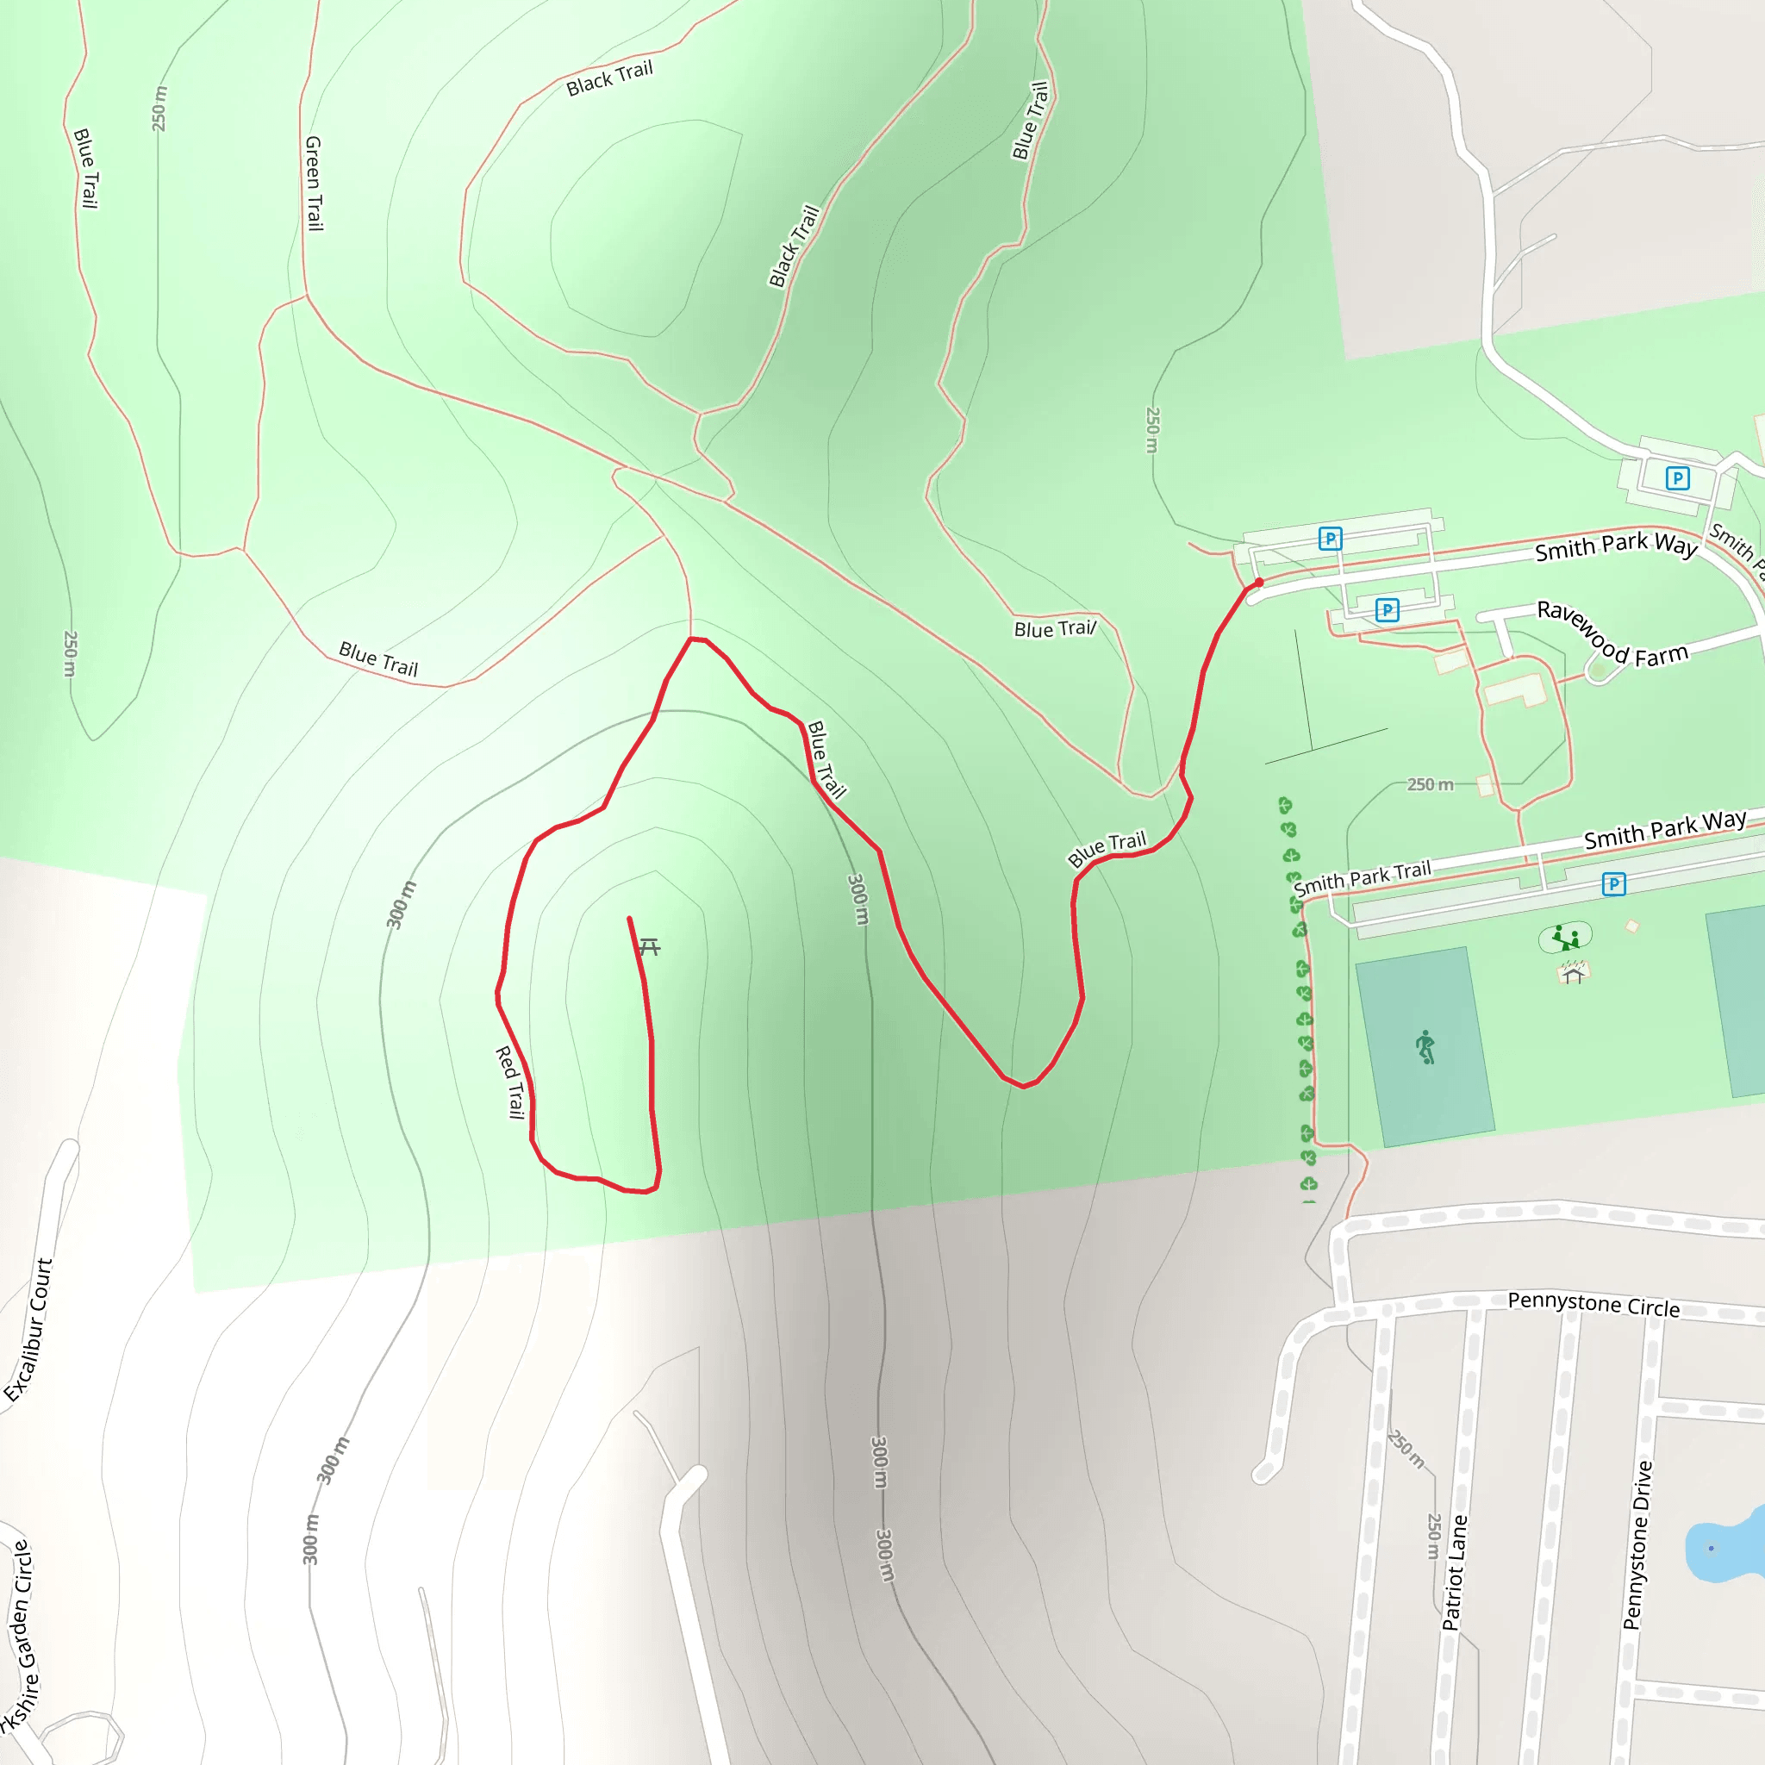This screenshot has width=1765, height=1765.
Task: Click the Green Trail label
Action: [314, 183]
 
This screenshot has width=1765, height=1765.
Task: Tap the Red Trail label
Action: [510, 1082]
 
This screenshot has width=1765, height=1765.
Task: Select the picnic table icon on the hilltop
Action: [649, 946]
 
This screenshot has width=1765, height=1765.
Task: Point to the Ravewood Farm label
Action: [1612, 633]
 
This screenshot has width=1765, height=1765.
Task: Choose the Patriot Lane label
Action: [1455, 1571]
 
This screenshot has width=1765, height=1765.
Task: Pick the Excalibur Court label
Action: [29, 1329]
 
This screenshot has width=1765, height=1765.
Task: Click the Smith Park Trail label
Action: [1363, 878]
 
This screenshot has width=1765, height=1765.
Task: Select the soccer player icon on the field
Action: [1425, 1047]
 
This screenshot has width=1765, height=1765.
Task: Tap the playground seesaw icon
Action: [1566, 937]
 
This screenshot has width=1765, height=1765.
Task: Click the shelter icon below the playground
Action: [1572, 974]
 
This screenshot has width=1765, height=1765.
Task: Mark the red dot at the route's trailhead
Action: [1259, 582]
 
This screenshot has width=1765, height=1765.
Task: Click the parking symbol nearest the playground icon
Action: [1614, 883]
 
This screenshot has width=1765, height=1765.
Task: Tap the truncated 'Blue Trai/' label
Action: [1054, 628]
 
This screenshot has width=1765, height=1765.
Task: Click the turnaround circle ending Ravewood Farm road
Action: [1598, 671]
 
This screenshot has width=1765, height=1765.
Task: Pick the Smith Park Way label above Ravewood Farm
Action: [1615, 546]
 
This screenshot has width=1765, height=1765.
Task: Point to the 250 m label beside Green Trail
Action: [160, 108]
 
